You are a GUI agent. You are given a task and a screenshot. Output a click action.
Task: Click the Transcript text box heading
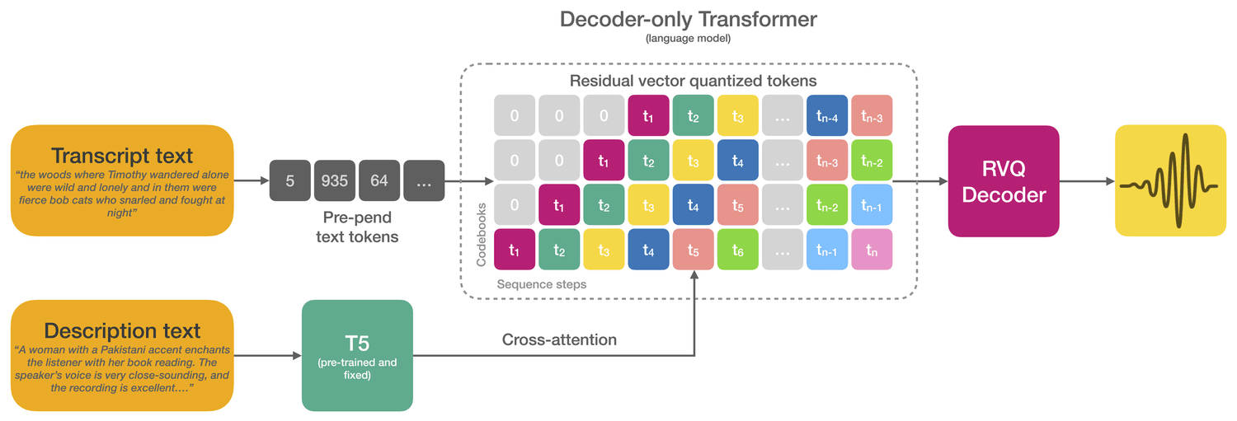122,156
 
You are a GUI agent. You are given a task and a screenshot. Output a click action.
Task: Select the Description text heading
122,330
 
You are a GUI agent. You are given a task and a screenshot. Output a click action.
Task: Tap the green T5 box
357,355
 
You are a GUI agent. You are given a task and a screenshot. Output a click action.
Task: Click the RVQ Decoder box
1004,181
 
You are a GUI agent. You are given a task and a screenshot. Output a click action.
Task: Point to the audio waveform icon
1170,180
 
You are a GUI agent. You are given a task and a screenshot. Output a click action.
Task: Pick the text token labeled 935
335,180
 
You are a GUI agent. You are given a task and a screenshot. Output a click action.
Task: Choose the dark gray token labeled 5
290,180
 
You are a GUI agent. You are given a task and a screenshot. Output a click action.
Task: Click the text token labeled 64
379,180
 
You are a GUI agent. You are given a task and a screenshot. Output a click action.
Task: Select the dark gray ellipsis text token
424,180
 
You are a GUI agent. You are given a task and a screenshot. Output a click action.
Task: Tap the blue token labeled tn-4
827,115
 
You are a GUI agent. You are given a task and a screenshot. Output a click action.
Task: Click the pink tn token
872,250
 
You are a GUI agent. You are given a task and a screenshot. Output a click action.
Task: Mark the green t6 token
738,250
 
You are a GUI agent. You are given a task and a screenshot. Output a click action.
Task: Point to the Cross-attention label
559,339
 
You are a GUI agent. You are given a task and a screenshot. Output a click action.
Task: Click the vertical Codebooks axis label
481,235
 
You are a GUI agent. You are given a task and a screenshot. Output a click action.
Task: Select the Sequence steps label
542,284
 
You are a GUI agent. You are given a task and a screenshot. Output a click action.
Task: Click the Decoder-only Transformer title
688,19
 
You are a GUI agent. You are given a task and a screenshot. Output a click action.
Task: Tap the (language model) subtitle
688,38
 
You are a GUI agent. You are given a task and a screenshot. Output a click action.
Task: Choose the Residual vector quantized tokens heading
693,81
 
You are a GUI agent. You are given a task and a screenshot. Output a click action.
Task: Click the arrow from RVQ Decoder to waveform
1087,181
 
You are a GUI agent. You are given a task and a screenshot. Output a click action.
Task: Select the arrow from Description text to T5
268,355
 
